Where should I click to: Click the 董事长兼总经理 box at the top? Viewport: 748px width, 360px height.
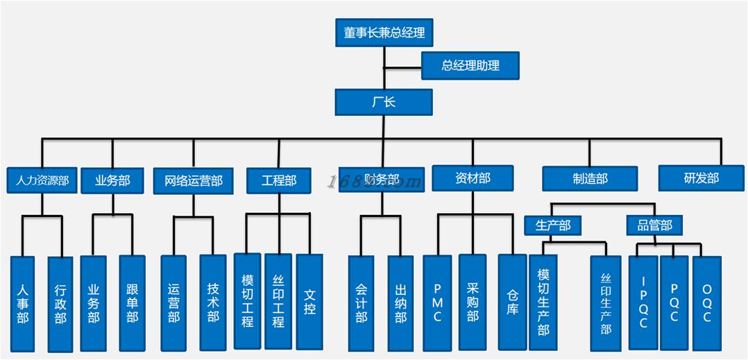[384, 33]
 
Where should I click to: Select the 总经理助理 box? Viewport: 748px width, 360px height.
[470, 66]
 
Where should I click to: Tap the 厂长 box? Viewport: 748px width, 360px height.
[384, 102]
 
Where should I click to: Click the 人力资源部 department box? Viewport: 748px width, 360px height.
[42, 181]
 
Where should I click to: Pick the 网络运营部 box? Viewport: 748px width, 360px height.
[194, 181]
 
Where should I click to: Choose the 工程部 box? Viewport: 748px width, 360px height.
[279, 180]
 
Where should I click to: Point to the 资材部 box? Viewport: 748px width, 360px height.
[473, 178]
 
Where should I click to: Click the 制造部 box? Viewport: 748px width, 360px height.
[590, 179]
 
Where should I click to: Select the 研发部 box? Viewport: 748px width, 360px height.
[701, 178]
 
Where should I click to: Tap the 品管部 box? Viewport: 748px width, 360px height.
[654, 225]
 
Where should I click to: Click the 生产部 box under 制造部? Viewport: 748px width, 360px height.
[553, 225]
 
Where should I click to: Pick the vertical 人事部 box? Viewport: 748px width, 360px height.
[23, 303]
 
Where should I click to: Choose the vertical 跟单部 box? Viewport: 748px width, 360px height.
[133, 302]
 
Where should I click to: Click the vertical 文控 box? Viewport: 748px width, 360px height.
[309, 301]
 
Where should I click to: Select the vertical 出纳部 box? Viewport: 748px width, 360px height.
[400, 303]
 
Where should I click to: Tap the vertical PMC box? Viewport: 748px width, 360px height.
[437, 302]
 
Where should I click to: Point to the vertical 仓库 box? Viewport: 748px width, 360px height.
[512, 302]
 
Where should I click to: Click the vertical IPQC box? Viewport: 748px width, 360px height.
[643, 302]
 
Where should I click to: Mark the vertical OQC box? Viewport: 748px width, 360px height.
[707, 303]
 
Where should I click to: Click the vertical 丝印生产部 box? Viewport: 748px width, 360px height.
[606, 303]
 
